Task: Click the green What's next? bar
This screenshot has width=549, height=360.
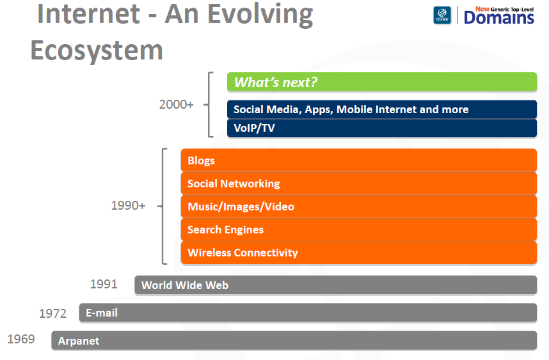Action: tap(381, 82)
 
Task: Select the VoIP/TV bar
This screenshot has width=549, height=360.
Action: tap(381, 128)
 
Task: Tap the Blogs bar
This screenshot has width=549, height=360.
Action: tap(358, 160)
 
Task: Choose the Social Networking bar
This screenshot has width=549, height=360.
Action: tap(358, 184)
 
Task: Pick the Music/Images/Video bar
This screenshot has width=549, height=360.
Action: tap(358, 207)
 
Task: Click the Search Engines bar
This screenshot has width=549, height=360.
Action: tap(358, 230)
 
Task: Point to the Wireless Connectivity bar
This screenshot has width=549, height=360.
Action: tap(358, 253)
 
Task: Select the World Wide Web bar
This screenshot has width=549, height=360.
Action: tap(335, 285)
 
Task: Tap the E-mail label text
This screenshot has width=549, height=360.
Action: tap(102, 313)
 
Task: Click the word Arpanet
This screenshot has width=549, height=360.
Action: tap(79, 341)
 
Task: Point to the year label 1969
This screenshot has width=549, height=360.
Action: tap(21, 339)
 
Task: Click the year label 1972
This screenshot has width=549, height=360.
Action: tap(52, 313)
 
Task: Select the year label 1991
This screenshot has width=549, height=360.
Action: tap(104, 284)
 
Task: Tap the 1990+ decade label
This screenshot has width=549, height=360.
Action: tap(128, 205)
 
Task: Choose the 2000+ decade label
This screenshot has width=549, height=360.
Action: tap(177, 104)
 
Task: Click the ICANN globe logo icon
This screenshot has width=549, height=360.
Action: tap(442, 15)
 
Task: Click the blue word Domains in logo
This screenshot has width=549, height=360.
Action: tap(499, 17)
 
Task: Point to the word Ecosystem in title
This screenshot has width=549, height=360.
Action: tap(97, 50)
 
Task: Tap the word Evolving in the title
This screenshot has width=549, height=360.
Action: tap(260, 15)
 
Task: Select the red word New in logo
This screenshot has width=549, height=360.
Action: tap(482, 9)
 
